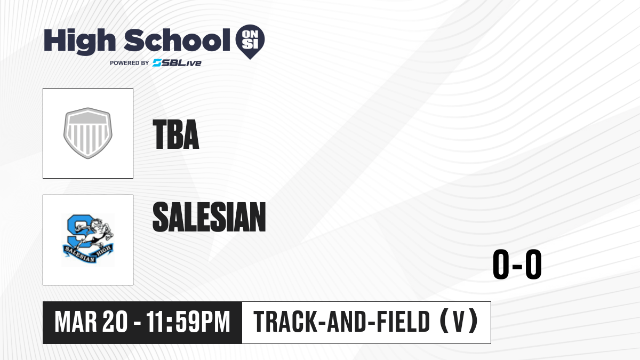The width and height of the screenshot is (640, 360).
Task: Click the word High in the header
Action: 79,42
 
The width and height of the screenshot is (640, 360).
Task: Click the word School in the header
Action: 177,41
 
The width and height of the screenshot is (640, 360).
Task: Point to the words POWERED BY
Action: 130,63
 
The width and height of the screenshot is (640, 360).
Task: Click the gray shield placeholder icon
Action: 87,133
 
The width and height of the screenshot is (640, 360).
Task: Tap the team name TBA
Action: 175,134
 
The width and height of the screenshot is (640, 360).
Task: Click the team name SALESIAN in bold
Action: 209,217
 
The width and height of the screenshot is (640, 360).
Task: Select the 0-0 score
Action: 517,264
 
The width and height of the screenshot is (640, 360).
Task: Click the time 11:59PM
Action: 188,322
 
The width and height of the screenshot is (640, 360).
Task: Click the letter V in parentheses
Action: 459,322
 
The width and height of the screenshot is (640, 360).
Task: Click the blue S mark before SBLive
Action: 157,63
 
